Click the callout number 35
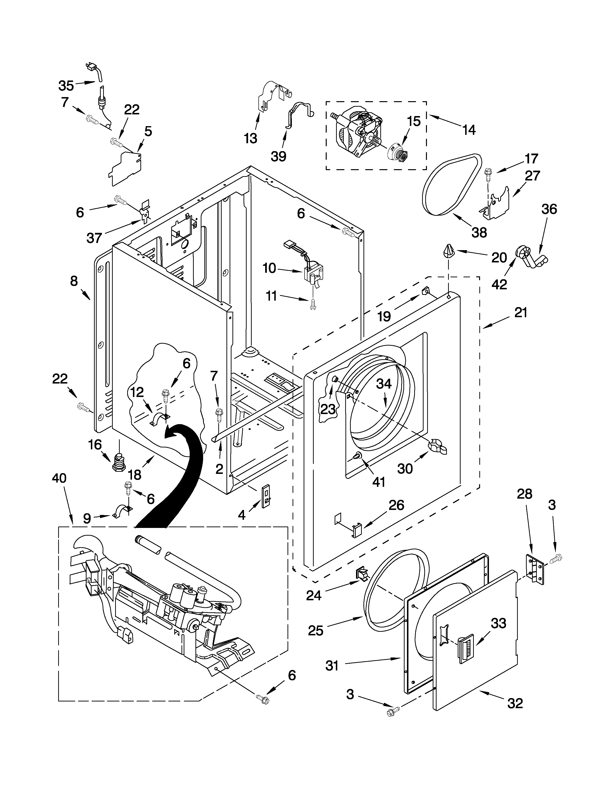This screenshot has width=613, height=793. pos(66,86)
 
